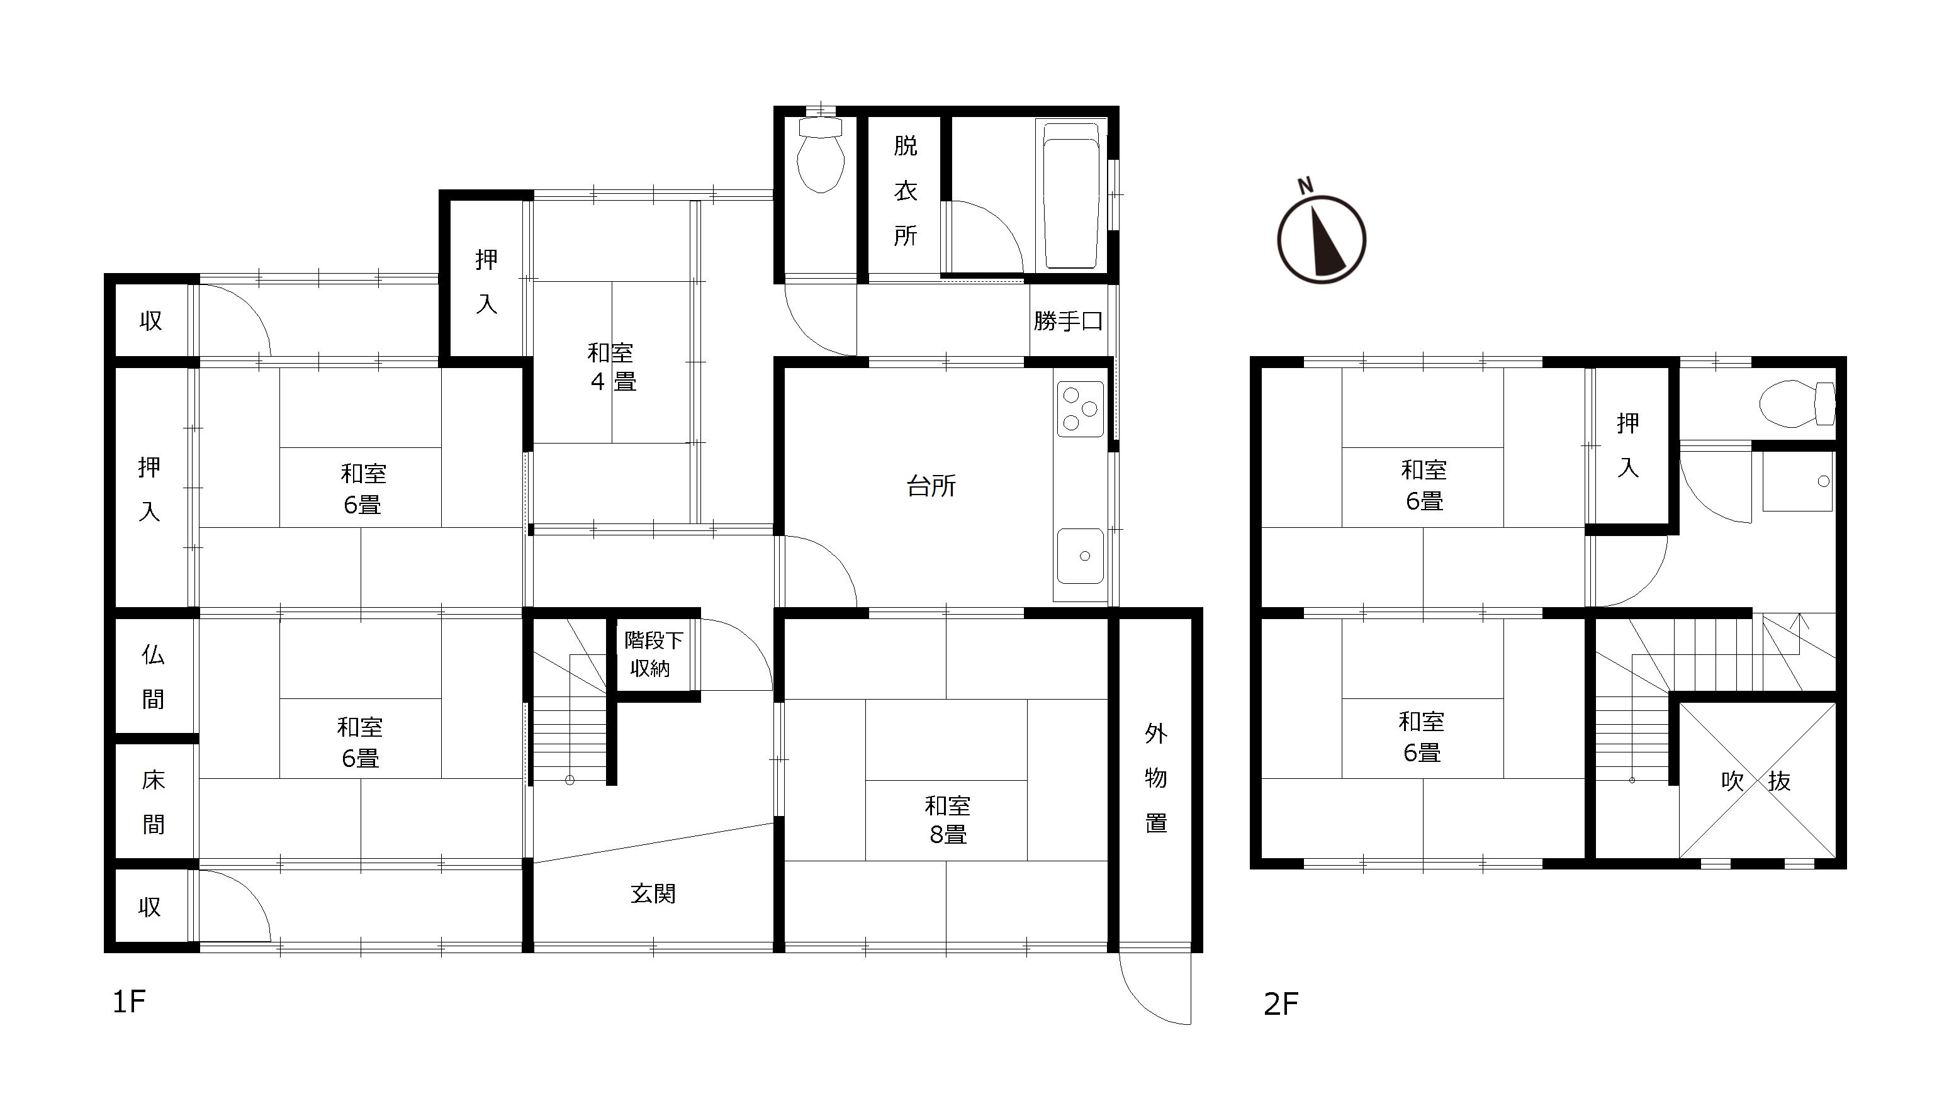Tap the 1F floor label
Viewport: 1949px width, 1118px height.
129,1002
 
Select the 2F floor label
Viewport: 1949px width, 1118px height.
1281,1003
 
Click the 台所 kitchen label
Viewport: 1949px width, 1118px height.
931,486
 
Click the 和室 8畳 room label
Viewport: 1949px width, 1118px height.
948,820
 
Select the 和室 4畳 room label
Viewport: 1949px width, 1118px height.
612,367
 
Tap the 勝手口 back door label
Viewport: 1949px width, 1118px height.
1067,321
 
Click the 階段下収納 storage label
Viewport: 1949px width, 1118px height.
652,654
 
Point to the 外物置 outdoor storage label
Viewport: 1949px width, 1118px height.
1155,778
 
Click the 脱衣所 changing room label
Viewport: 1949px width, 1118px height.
906,191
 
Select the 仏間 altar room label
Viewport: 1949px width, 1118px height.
153,676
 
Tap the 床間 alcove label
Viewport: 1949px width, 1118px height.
154,802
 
